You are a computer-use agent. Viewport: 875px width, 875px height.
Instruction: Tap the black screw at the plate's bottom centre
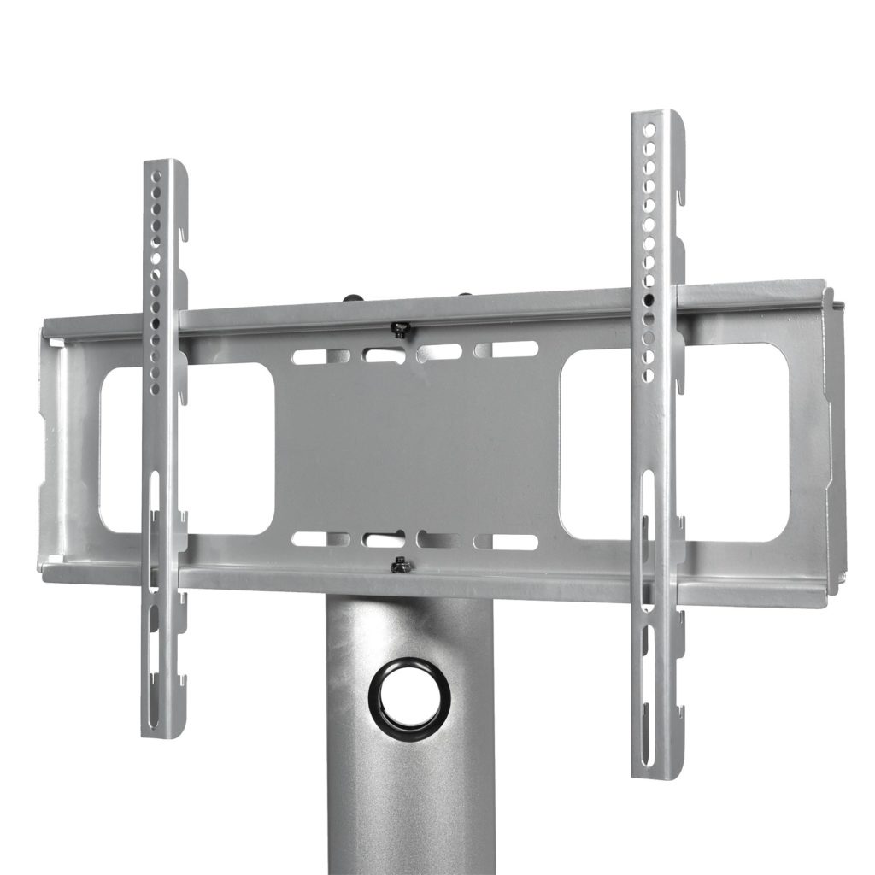tap(398, 565)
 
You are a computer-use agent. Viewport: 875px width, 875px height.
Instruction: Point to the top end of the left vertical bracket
tap(163, 163)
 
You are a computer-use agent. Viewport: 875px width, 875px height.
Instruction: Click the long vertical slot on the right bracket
tap(647, 530)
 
